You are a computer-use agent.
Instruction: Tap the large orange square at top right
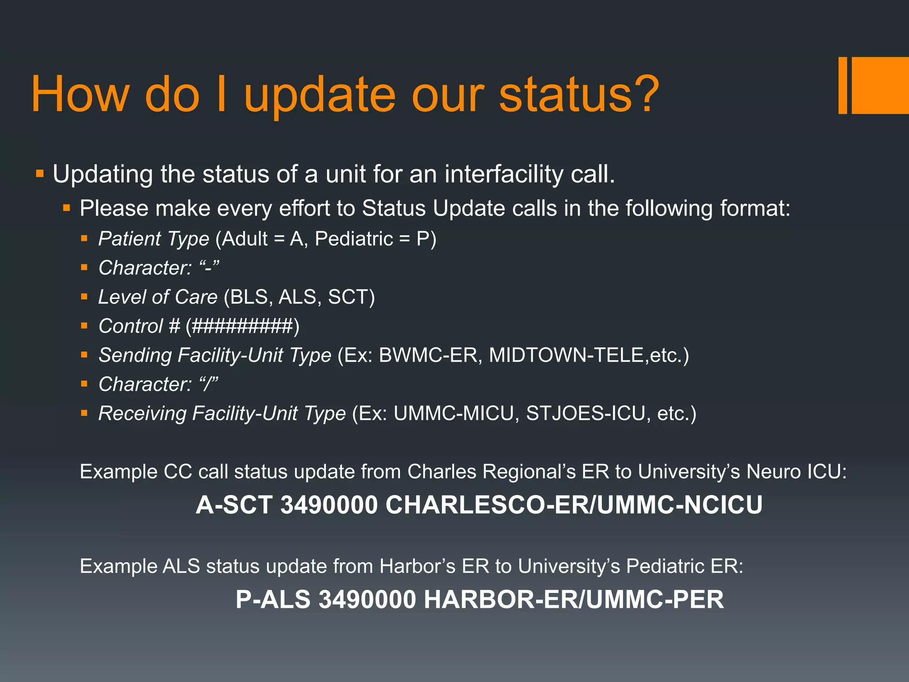pos(880,85)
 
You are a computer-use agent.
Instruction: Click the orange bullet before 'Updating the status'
pos(40,173)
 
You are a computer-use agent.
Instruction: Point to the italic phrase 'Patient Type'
pos(154,239)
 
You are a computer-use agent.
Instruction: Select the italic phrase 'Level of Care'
pos(158,297)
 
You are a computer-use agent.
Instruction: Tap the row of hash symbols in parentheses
pos(242,326)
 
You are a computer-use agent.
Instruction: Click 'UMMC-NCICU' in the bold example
pos(680,505)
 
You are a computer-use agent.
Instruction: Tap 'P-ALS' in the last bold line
pos(273,599)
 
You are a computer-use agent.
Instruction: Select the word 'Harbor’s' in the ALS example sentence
pos(417,567)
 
